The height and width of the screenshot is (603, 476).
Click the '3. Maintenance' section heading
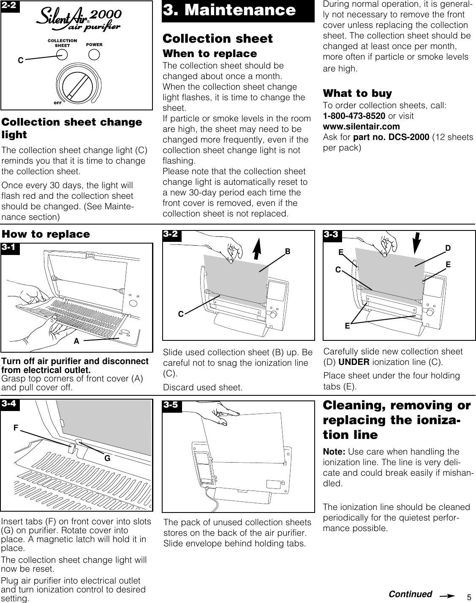pos(229,10)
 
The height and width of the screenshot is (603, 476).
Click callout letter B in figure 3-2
pos(287,252)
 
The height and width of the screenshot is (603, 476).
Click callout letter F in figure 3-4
pos(16,428)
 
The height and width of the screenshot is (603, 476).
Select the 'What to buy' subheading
pos(357,93)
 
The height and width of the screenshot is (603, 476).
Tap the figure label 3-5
pos(172,406)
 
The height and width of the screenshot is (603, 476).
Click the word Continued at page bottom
pos(410,594)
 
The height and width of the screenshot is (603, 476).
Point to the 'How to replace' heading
pos(46,234)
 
